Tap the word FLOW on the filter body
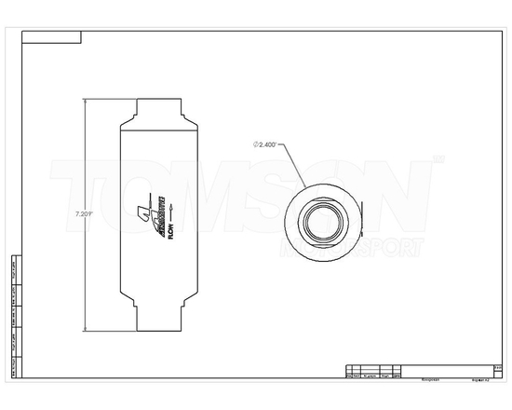pos(167,231)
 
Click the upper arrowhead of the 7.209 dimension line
pos(88,100)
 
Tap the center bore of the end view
pos(318,220)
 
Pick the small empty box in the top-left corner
pos(51,38)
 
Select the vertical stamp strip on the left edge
pos(13,317)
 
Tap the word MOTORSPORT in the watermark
pos(358,246)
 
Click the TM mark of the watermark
pos(438,160)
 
